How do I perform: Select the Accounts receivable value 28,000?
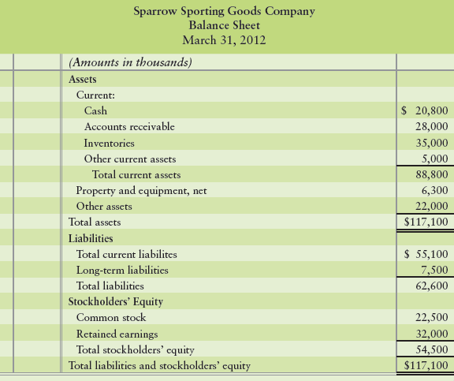tap(431, 126)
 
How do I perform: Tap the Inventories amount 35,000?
tap(431, 144)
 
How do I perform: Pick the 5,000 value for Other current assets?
tap(434, 159)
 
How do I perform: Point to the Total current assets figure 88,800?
tap(431, 174)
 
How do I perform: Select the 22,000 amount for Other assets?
tap(431, 206)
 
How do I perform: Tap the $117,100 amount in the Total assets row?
tap(426, 222)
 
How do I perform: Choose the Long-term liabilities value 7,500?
tap(434, 270)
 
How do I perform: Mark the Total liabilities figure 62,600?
tap(431, 286)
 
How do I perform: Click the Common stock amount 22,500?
tap(431, 317)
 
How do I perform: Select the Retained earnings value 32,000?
tap(431, 334)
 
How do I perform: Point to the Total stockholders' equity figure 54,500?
tap(431, 349)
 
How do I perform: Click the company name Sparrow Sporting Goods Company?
tap(224, 11)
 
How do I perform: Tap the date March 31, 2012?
tap(224, 39)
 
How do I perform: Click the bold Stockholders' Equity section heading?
tap(110, 301)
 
